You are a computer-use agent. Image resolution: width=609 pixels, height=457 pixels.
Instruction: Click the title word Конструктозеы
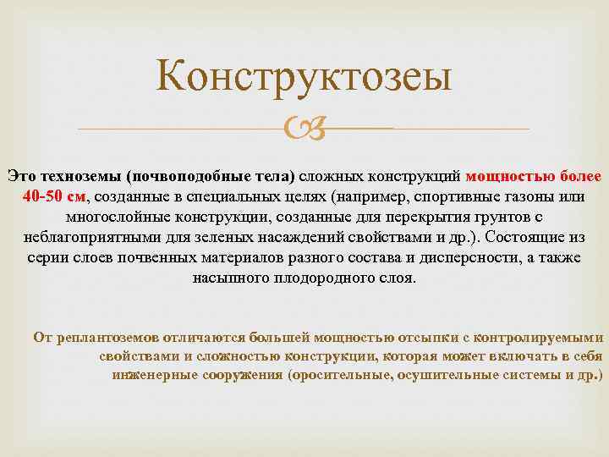[304, 78]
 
